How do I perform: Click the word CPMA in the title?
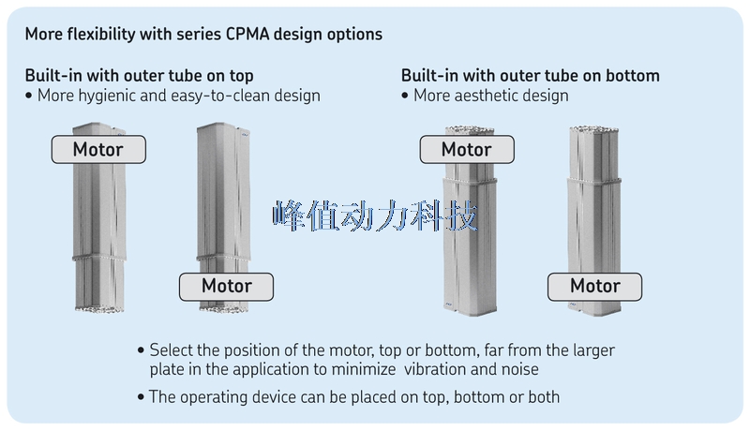[247, 35]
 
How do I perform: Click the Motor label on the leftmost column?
[98, 150]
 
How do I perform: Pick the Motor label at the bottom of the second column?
[226, 286]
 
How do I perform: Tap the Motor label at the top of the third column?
[467, 150]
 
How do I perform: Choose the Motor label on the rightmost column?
[595, 286]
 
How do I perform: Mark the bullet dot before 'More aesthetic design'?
[405, 96]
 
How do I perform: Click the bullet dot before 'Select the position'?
[141, 350]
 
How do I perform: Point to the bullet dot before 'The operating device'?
[141, 397]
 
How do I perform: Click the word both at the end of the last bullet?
[544, 397]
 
